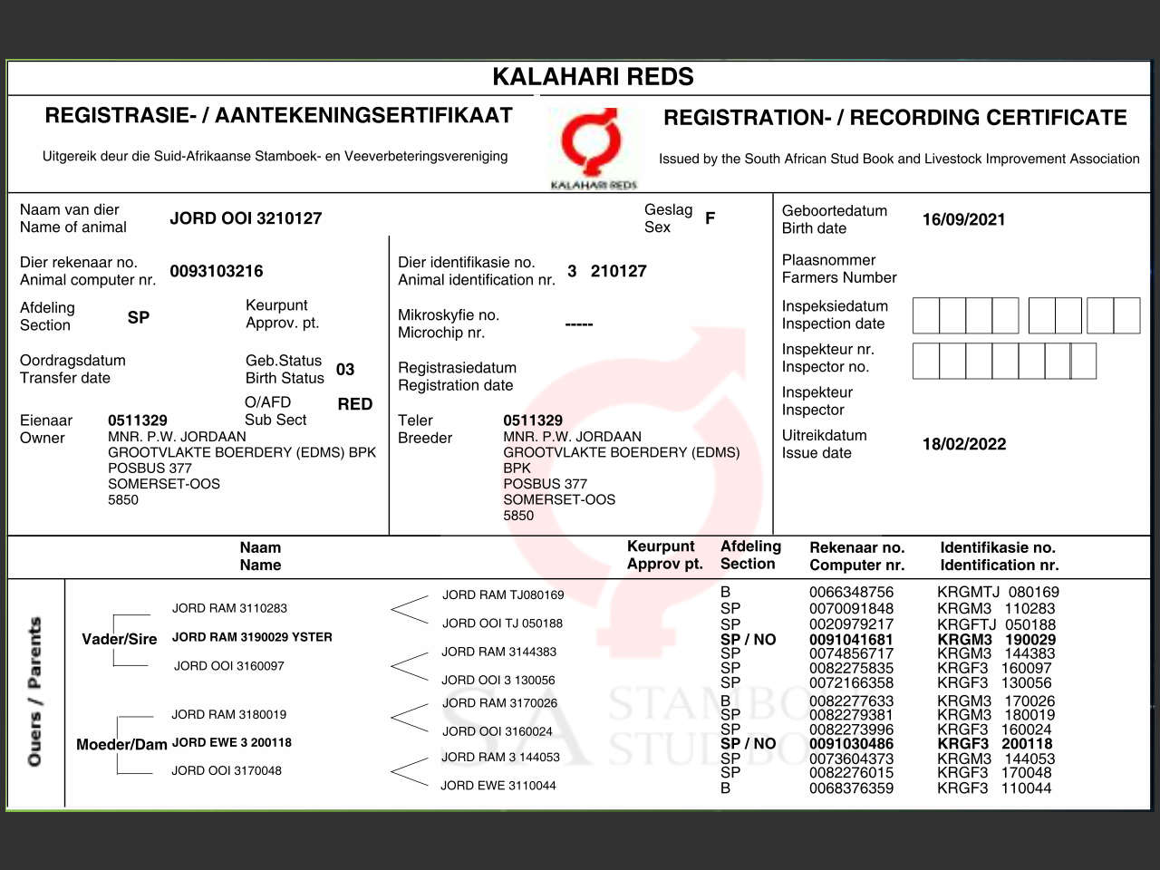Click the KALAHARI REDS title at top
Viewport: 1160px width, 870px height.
click(x=593, y=77)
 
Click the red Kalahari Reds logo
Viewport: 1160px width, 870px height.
click(x=593, y=143)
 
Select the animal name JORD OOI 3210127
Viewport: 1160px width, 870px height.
click(x=246, y=218)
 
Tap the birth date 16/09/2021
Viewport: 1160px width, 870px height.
click(x=963, y=219)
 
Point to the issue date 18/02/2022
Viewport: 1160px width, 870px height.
click(x=964, y=444)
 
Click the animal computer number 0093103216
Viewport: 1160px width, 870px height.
click(x=217, y=271)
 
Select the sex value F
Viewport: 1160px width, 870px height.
click(x=710, y=218)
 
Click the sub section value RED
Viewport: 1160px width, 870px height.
click(x=355, y=404)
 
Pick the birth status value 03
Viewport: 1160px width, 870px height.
click(x=345, y=370)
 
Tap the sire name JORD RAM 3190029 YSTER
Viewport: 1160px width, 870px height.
click(x=252, y=637)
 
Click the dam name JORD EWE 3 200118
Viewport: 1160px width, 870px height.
click(x=232, y=742)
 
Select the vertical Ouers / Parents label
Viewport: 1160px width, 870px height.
click(x=35, y=691)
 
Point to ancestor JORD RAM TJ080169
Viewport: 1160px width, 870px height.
click(x=503, y=595)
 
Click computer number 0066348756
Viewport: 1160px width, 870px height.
click(x=851, y=593)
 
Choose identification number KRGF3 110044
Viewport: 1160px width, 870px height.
click(x=994, y=788)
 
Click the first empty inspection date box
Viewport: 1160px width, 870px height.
click(x=925, y=315)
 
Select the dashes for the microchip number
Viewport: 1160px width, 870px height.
click(x=579, y=324)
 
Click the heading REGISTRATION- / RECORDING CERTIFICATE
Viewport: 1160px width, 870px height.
click(x=895, y=118)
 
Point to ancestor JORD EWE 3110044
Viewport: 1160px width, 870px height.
click(x=498, y=786)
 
